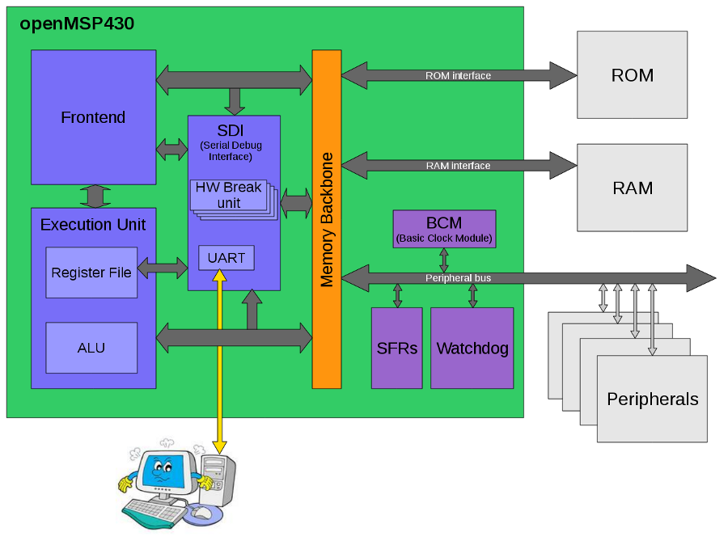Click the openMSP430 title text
77,24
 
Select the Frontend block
93,117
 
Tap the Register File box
91,273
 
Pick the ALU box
91,348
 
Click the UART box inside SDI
226,258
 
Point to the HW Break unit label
228,194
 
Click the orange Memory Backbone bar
327,219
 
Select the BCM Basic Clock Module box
443,229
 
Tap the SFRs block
396,349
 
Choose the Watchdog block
472,349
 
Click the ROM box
632,75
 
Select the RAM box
632,188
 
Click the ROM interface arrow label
458,76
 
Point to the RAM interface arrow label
458,166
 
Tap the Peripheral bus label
458,278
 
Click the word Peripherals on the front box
652,399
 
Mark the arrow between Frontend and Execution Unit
95,196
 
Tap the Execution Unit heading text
93,224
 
